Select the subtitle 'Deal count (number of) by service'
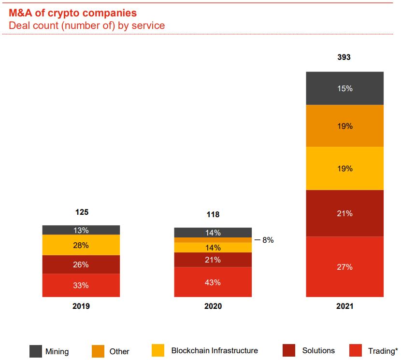[x=87, y=25]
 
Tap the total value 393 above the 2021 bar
[x=344, y=57]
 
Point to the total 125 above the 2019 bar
[x=82, y=212]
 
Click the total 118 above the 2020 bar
[x=213, y=215]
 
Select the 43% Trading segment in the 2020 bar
[x=213, y=282]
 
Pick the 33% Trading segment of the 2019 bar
[x=81, y=285]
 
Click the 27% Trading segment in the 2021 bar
[x=344, y=267]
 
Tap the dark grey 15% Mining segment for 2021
[x=344, y=88]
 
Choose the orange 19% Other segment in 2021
[x=344, y=126]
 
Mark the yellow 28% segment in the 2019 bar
[x=81, y=245]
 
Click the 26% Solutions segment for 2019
[x=81, y=264]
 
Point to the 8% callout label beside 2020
[x=268, y=240]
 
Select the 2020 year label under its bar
[x=213, y=306]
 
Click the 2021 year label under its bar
[x=344, y=306]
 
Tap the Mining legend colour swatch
[x=36, y=351]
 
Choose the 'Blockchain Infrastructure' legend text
[x=215, y=351]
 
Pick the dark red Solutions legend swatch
[x=289, y=350]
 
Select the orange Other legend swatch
[x=98, y=351]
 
